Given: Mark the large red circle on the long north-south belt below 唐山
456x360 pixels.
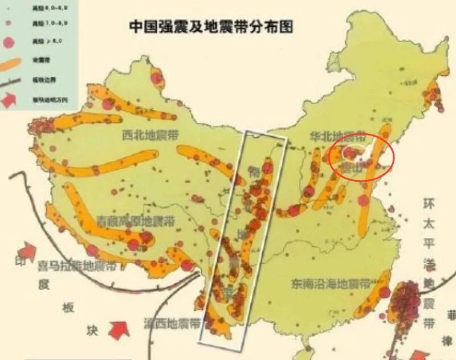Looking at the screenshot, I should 363,200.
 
